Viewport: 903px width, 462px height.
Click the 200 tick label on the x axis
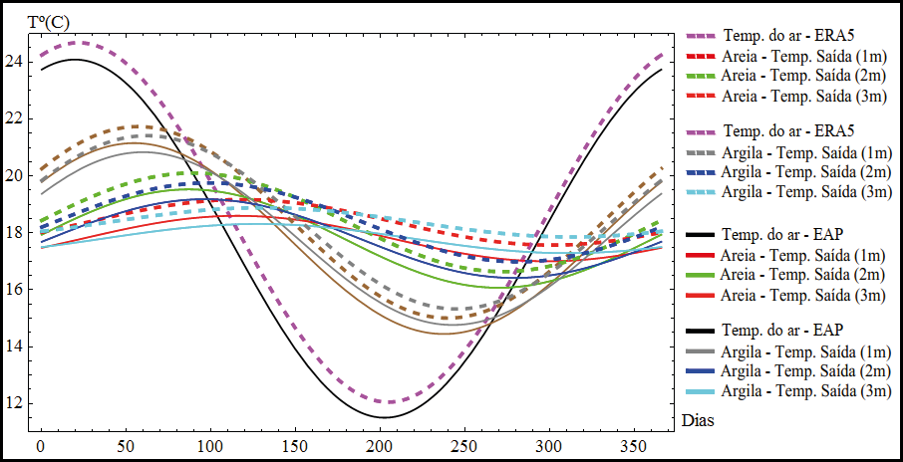[x=380, y=445]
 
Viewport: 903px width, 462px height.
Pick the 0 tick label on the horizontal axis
[x=40, y=445]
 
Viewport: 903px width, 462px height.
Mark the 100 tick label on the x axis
[x=209, y=445]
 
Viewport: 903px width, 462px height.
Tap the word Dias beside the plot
[x=697, y=421]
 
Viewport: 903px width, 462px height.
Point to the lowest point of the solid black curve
[x=380, y=417]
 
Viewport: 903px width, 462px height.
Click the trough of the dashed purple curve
[x=390, y=402]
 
